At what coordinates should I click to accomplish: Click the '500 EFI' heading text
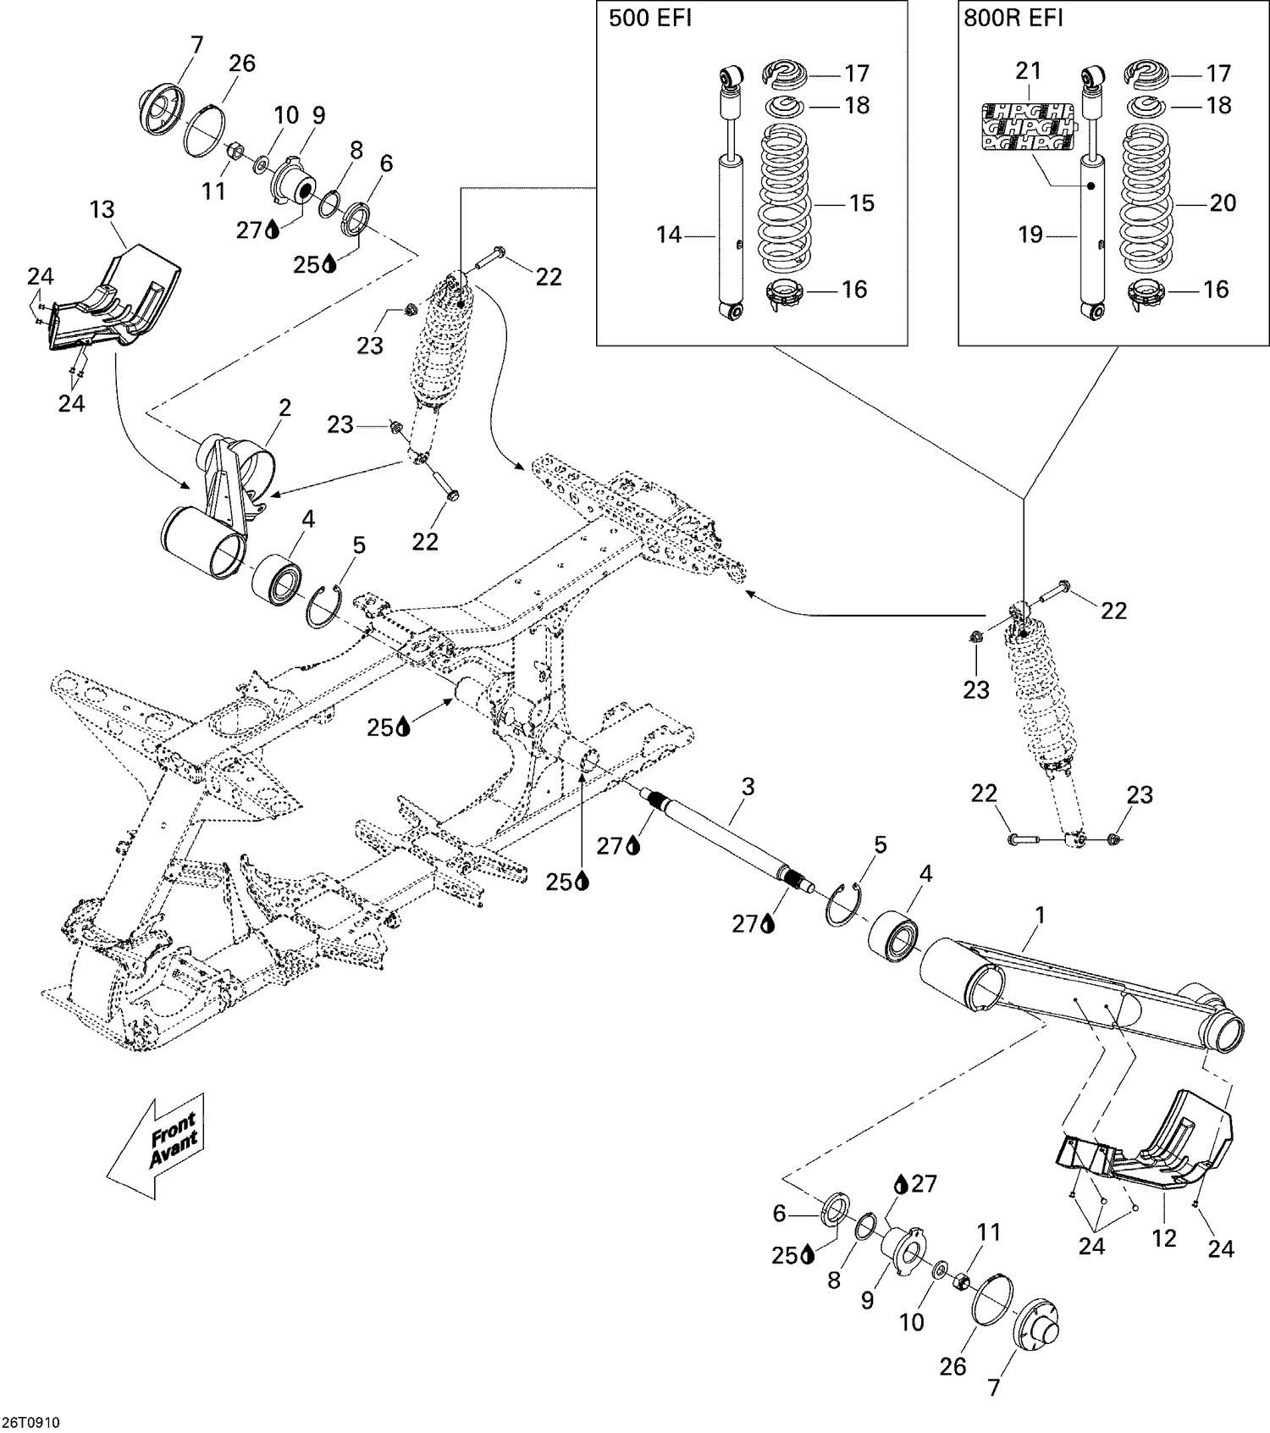click(x=649, y=19)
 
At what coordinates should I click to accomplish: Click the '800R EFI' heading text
click(x=1013, y=19)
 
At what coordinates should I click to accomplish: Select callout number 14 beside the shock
click(x=669, y=235)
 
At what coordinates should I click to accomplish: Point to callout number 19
click(x=1030, y=235)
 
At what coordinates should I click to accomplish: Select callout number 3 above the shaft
click(x=748, y=787)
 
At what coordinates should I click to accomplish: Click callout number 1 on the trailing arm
click(x=1040, y=916)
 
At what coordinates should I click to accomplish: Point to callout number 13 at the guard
click(x=102, y=209)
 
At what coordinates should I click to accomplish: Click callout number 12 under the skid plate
click(x=1164, y=1238)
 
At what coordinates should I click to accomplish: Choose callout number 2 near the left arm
click(x=284, y=408)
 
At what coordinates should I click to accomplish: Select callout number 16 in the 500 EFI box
click(x=854, y=290)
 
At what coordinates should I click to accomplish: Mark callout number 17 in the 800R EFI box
click(x=1218, y=74)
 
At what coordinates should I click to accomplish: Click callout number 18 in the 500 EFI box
click(x=857, y=106)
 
